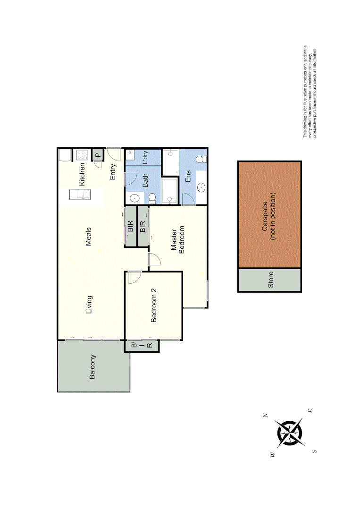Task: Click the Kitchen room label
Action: tap(82, 174)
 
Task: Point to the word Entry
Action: tap(113, 172)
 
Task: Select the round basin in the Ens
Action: tap(201, 187)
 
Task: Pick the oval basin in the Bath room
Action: tap(134, 198)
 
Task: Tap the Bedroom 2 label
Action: tap(153, 309)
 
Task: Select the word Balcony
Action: tap(92, 366)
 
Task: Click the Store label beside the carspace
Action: tap(270, 280)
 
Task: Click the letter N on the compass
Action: tap(265, 416)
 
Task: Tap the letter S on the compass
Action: tap(314, 451)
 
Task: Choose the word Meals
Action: tap(88, 237)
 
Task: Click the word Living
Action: tap(89, 305)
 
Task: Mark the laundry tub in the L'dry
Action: tap(130, 154)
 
